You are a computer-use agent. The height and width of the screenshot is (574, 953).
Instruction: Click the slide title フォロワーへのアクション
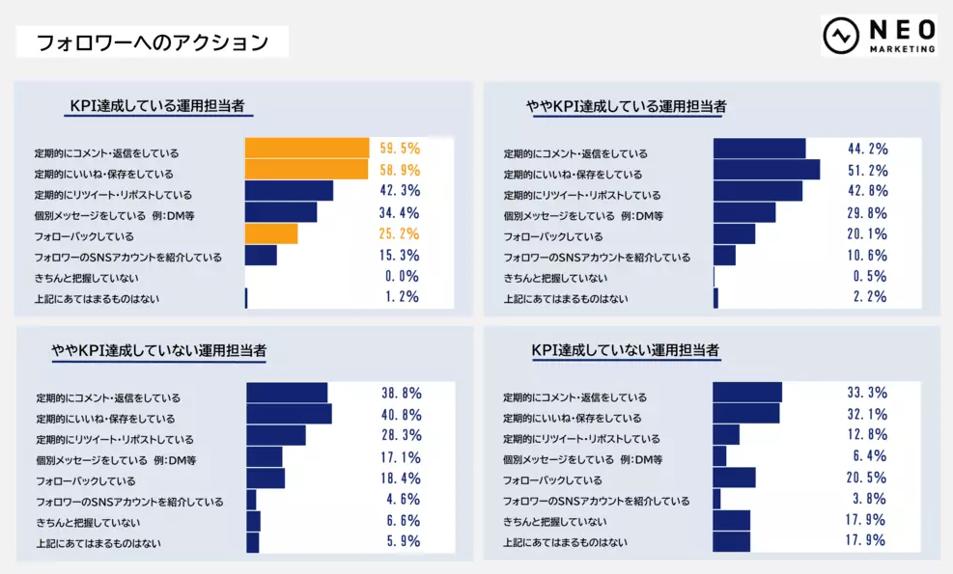(x=152, y=42)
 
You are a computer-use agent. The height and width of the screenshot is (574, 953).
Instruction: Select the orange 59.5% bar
(x=307, y=148)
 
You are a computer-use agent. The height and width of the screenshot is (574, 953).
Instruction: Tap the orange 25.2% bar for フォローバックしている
(x=271, y=233)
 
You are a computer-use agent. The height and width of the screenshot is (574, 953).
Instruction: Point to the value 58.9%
(x=400, y=170)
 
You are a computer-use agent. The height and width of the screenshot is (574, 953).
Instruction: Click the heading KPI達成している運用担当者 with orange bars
(x=159, y=106)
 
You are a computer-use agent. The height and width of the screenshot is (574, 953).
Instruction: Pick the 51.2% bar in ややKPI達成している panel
(x=767, y=170)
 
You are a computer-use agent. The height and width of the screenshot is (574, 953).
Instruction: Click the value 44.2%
(x=867, y=149)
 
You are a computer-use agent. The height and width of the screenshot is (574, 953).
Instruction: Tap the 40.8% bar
(x=289, y=414)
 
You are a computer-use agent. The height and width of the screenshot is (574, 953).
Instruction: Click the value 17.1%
(x=401, y=457)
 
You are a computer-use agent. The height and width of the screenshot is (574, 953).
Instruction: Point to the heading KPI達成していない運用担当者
(x=626, y=350)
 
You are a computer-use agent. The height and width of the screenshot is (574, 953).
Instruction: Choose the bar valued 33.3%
(x=747, y=392)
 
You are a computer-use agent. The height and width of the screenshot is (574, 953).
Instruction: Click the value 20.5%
(x=866, y=478)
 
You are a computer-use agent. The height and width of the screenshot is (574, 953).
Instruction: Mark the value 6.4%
(x=870, y=456)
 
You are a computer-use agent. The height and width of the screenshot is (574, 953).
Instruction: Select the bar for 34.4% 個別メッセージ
(x=281, y=212)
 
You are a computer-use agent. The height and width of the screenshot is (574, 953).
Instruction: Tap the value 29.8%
(x=867, y=212)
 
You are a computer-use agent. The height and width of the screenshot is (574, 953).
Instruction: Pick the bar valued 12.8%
(x=726, y=435)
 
